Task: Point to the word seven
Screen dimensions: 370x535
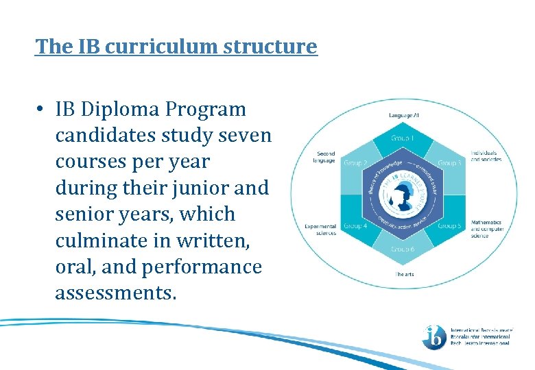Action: point(246,136)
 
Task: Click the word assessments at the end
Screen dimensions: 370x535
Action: point(116,293)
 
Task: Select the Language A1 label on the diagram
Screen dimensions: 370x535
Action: point(404,116)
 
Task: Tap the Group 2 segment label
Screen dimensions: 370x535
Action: point(355,163)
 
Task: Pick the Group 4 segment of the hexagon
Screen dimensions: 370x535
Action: point(355,225)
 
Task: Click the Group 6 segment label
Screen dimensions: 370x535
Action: point(403,249)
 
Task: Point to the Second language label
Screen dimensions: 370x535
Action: point(326,156)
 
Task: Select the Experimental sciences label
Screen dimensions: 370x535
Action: point(320,229)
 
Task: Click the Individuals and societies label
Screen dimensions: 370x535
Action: point(486,156)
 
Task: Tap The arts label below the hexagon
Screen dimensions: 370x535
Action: point(403,274)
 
